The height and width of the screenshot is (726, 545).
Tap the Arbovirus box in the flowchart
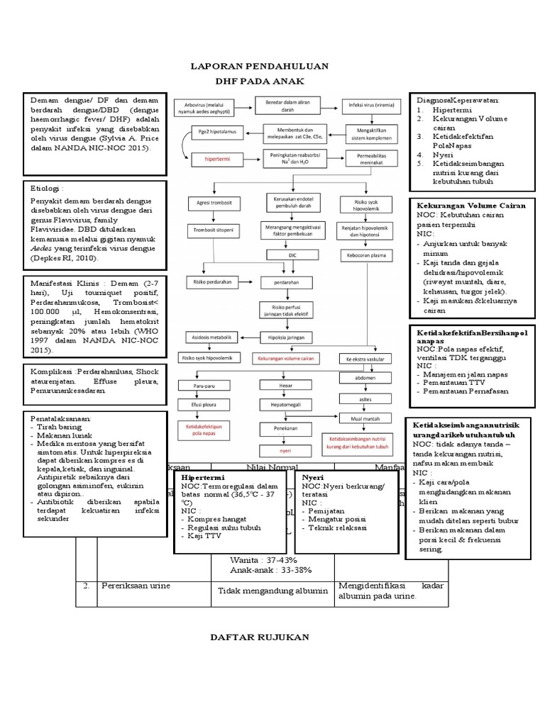click(204, 106)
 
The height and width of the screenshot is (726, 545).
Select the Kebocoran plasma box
click(364, 255)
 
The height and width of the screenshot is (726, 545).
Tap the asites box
click(365, 399)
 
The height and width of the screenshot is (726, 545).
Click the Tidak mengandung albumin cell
click(272, 591)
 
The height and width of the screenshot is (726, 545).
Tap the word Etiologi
click(46, 189)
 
